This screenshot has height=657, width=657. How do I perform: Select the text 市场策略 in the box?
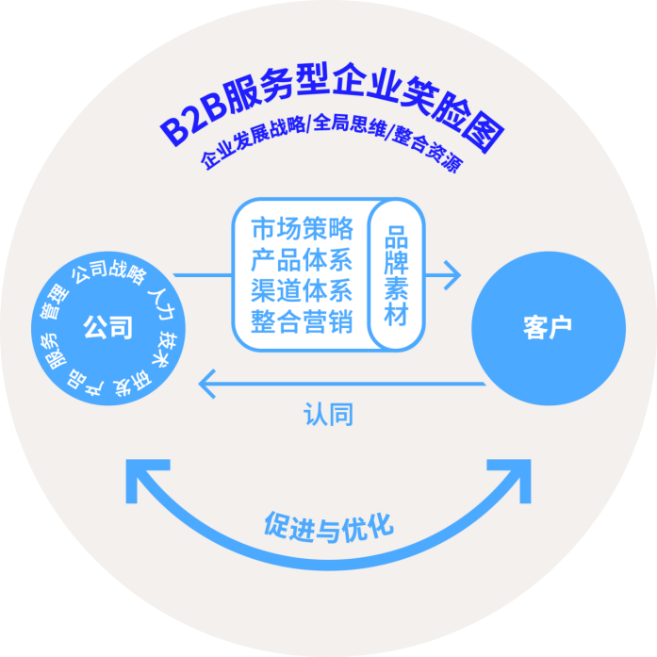click(x=302, y=229)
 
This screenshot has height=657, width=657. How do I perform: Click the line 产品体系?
click(x=302, y=260)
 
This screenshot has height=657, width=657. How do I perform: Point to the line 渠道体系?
click(x=302, y=290)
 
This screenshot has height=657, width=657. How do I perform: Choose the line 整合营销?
click(x=302, y=321)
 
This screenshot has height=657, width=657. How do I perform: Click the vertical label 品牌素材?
click(x=396, y=275)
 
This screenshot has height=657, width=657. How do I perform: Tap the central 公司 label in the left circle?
click(x=108, y=327)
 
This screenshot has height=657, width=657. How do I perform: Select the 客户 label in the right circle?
click(x=548, y=327)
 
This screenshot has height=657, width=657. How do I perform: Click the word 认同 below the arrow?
click(x=328, y=414)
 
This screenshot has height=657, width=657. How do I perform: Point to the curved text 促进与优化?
click(x=329, y=527)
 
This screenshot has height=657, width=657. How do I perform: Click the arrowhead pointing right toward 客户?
click(x=452, y=275)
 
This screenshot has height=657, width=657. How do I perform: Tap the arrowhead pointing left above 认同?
click(x=207, y=384)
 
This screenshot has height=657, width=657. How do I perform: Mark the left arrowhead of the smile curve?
click(x=144, y=478)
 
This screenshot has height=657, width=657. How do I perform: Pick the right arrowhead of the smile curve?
click(x=512, y=478)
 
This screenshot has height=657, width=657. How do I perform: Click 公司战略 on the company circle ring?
click(x=109, y=271)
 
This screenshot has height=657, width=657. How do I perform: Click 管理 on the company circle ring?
click(x=55, y=302)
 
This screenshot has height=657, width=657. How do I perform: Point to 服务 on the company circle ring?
click(x=53, y=352)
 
